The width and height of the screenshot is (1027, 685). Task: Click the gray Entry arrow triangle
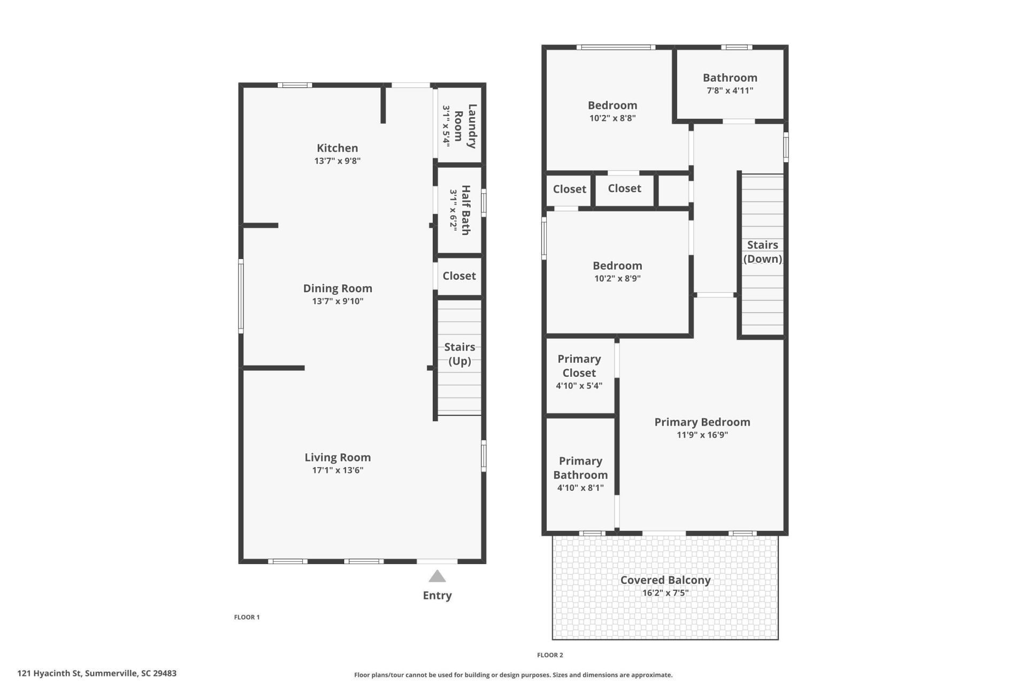point(437,576)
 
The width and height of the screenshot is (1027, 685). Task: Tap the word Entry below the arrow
point(437,595)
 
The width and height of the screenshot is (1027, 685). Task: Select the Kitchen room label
point(337,148)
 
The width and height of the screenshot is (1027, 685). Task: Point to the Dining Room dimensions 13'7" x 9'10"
point(338,301)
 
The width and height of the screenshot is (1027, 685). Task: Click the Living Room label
point(338,458)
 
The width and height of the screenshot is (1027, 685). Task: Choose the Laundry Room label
point(465,126)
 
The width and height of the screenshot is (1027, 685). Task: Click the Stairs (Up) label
point(459,354)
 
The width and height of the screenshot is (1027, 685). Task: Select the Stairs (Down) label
point(762,252)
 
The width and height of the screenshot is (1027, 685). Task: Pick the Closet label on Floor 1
point(459,276)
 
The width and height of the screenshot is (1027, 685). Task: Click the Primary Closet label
point(579,366)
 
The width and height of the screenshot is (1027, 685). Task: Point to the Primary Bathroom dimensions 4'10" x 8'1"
point(580,488)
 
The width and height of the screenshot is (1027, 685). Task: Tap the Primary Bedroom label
point(702,422)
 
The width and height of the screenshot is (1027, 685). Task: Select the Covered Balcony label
point(665,580)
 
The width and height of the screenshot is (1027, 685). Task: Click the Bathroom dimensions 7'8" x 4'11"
point(730,90)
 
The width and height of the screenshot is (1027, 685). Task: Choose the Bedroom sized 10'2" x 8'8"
point(612,105)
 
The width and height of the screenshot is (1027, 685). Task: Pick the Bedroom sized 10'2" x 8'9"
point(617,266)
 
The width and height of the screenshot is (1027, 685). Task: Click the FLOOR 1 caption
point(247,617)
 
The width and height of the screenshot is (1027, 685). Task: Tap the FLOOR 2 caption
point(550,655)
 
